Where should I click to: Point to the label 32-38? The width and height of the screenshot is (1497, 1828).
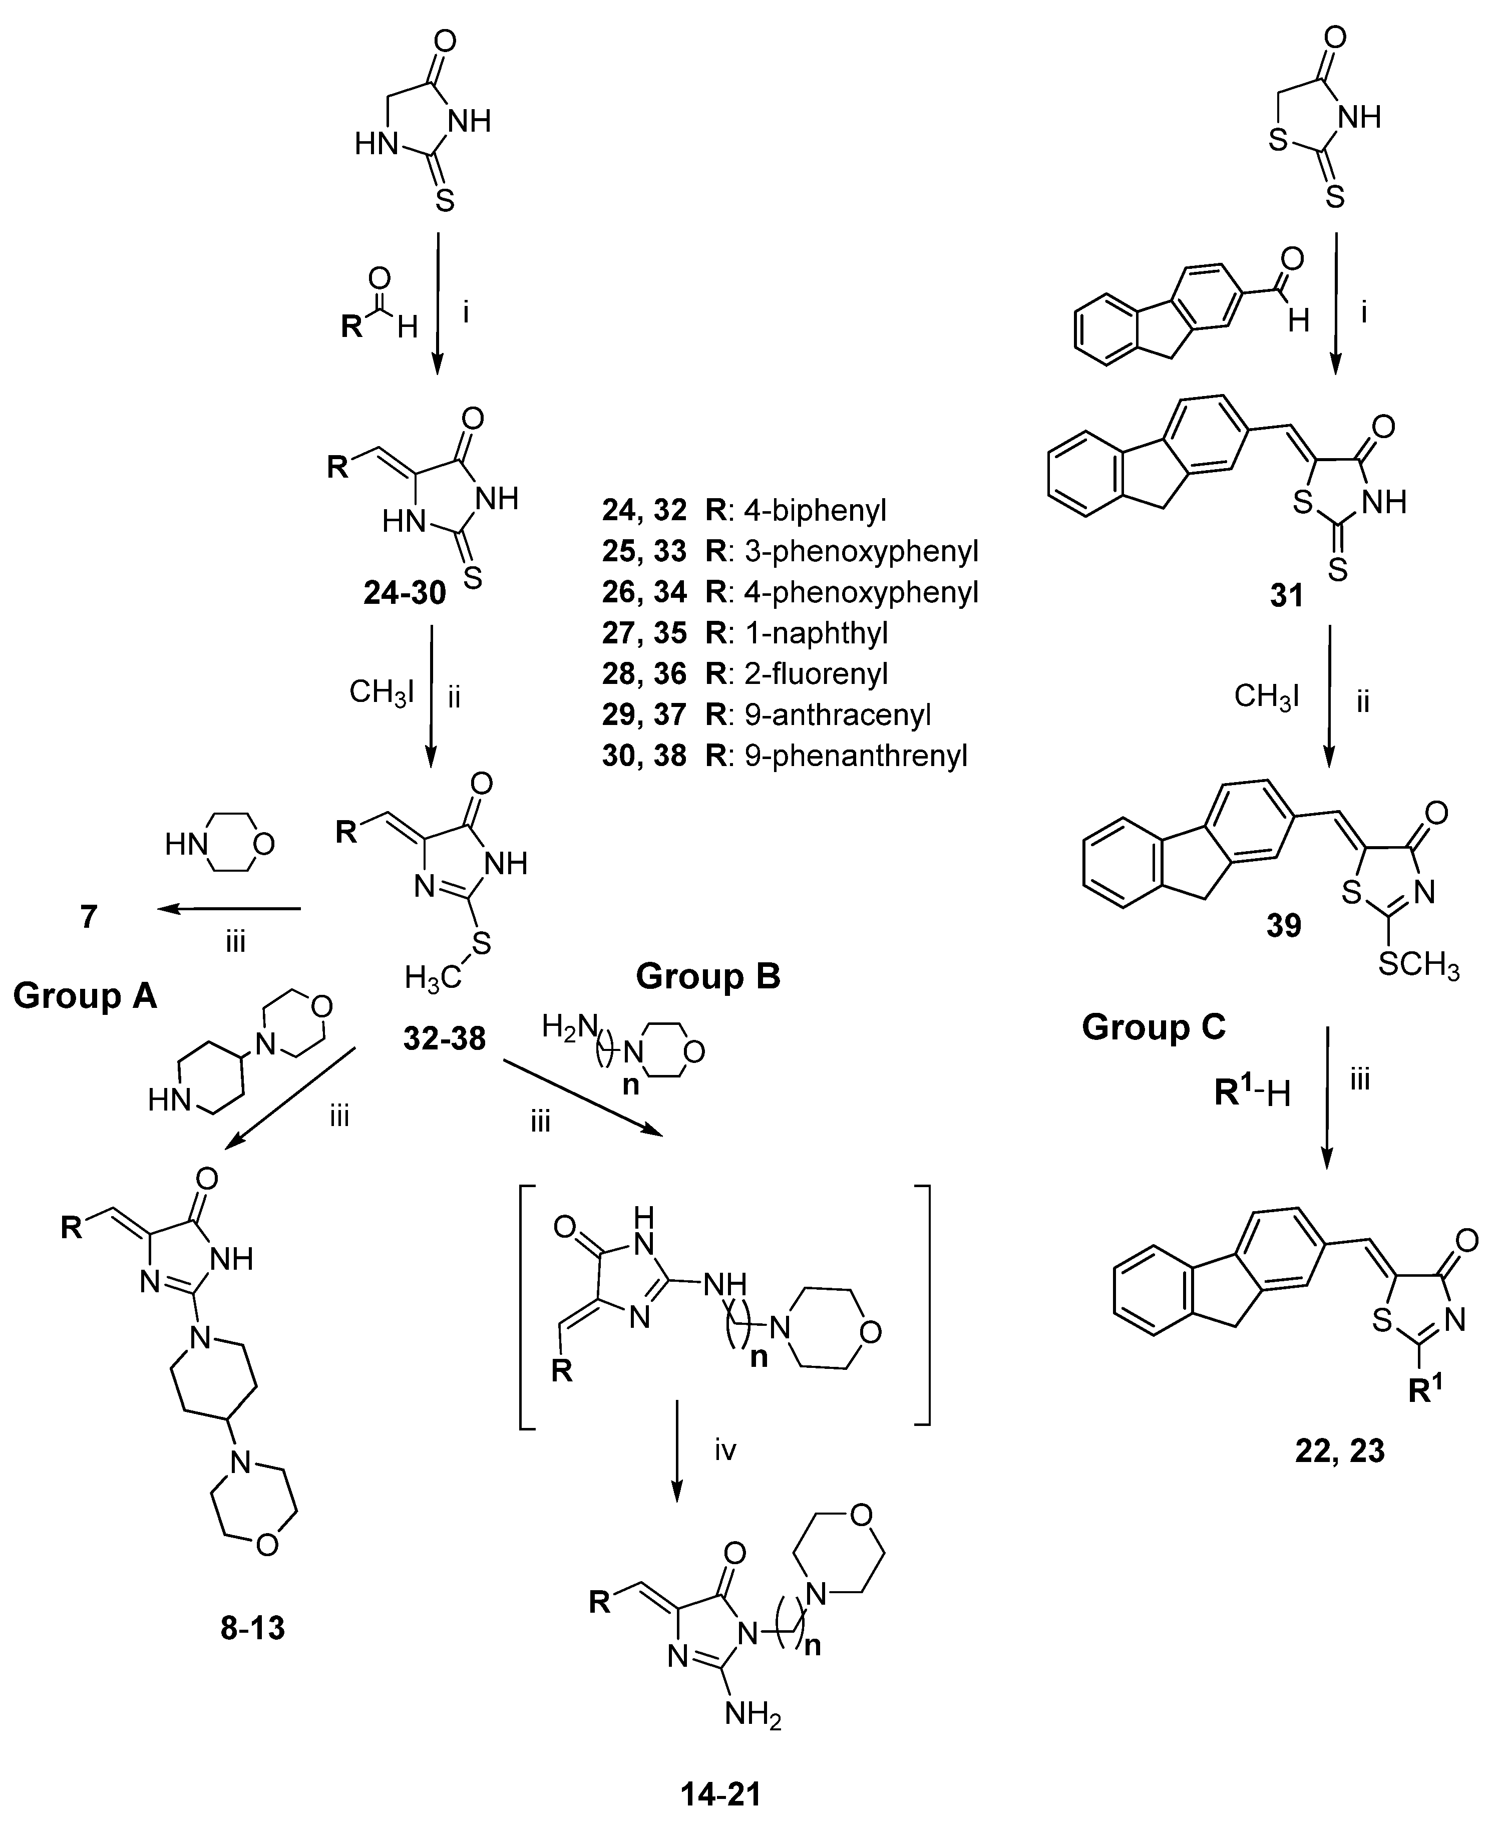click(x=444, y=1039)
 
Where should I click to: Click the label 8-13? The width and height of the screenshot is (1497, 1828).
click(x=253, y=1628)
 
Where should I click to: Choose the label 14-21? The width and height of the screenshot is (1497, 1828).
click(x=721, y=1795)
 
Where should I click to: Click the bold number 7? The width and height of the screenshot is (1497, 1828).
click(x=89, y=917)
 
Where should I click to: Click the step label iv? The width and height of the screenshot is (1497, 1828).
click(x=724, y=1450)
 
